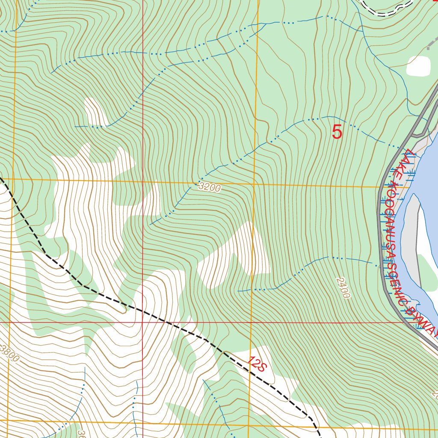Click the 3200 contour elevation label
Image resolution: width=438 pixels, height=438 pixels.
coord(210,187)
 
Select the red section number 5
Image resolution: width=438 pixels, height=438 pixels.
coord(337,132)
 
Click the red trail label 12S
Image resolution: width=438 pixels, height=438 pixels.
coord(257,364)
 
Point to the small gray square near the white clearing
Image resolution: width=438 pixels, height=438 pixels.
coord(429,48)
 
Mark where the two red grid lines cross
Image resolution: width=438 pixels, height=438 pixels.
coord(142,322)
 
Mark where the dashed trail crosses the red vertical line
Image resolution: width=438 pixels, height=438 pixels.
coord(142,311)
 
